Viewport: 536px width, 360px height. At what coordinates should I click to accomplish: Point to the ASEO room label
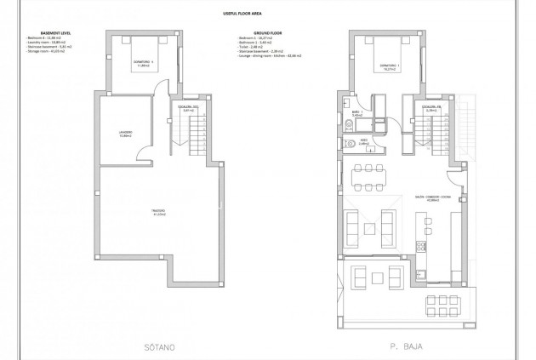(362, 142)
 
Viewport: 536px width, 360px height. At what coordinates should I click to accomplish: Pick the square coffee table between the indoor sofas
(368, 226)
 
